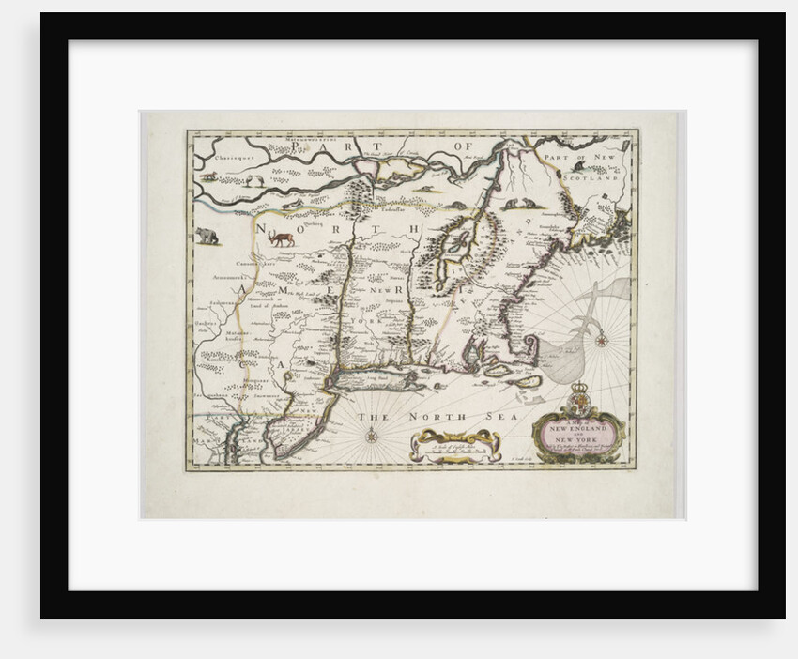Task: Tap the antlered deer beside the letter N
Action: tap(281, 238)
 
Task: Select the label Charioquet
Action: tap(230, 160)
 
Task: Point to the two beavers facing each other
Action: tap(514, 204)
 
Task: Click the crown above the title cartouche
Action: tap(579, 387)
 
